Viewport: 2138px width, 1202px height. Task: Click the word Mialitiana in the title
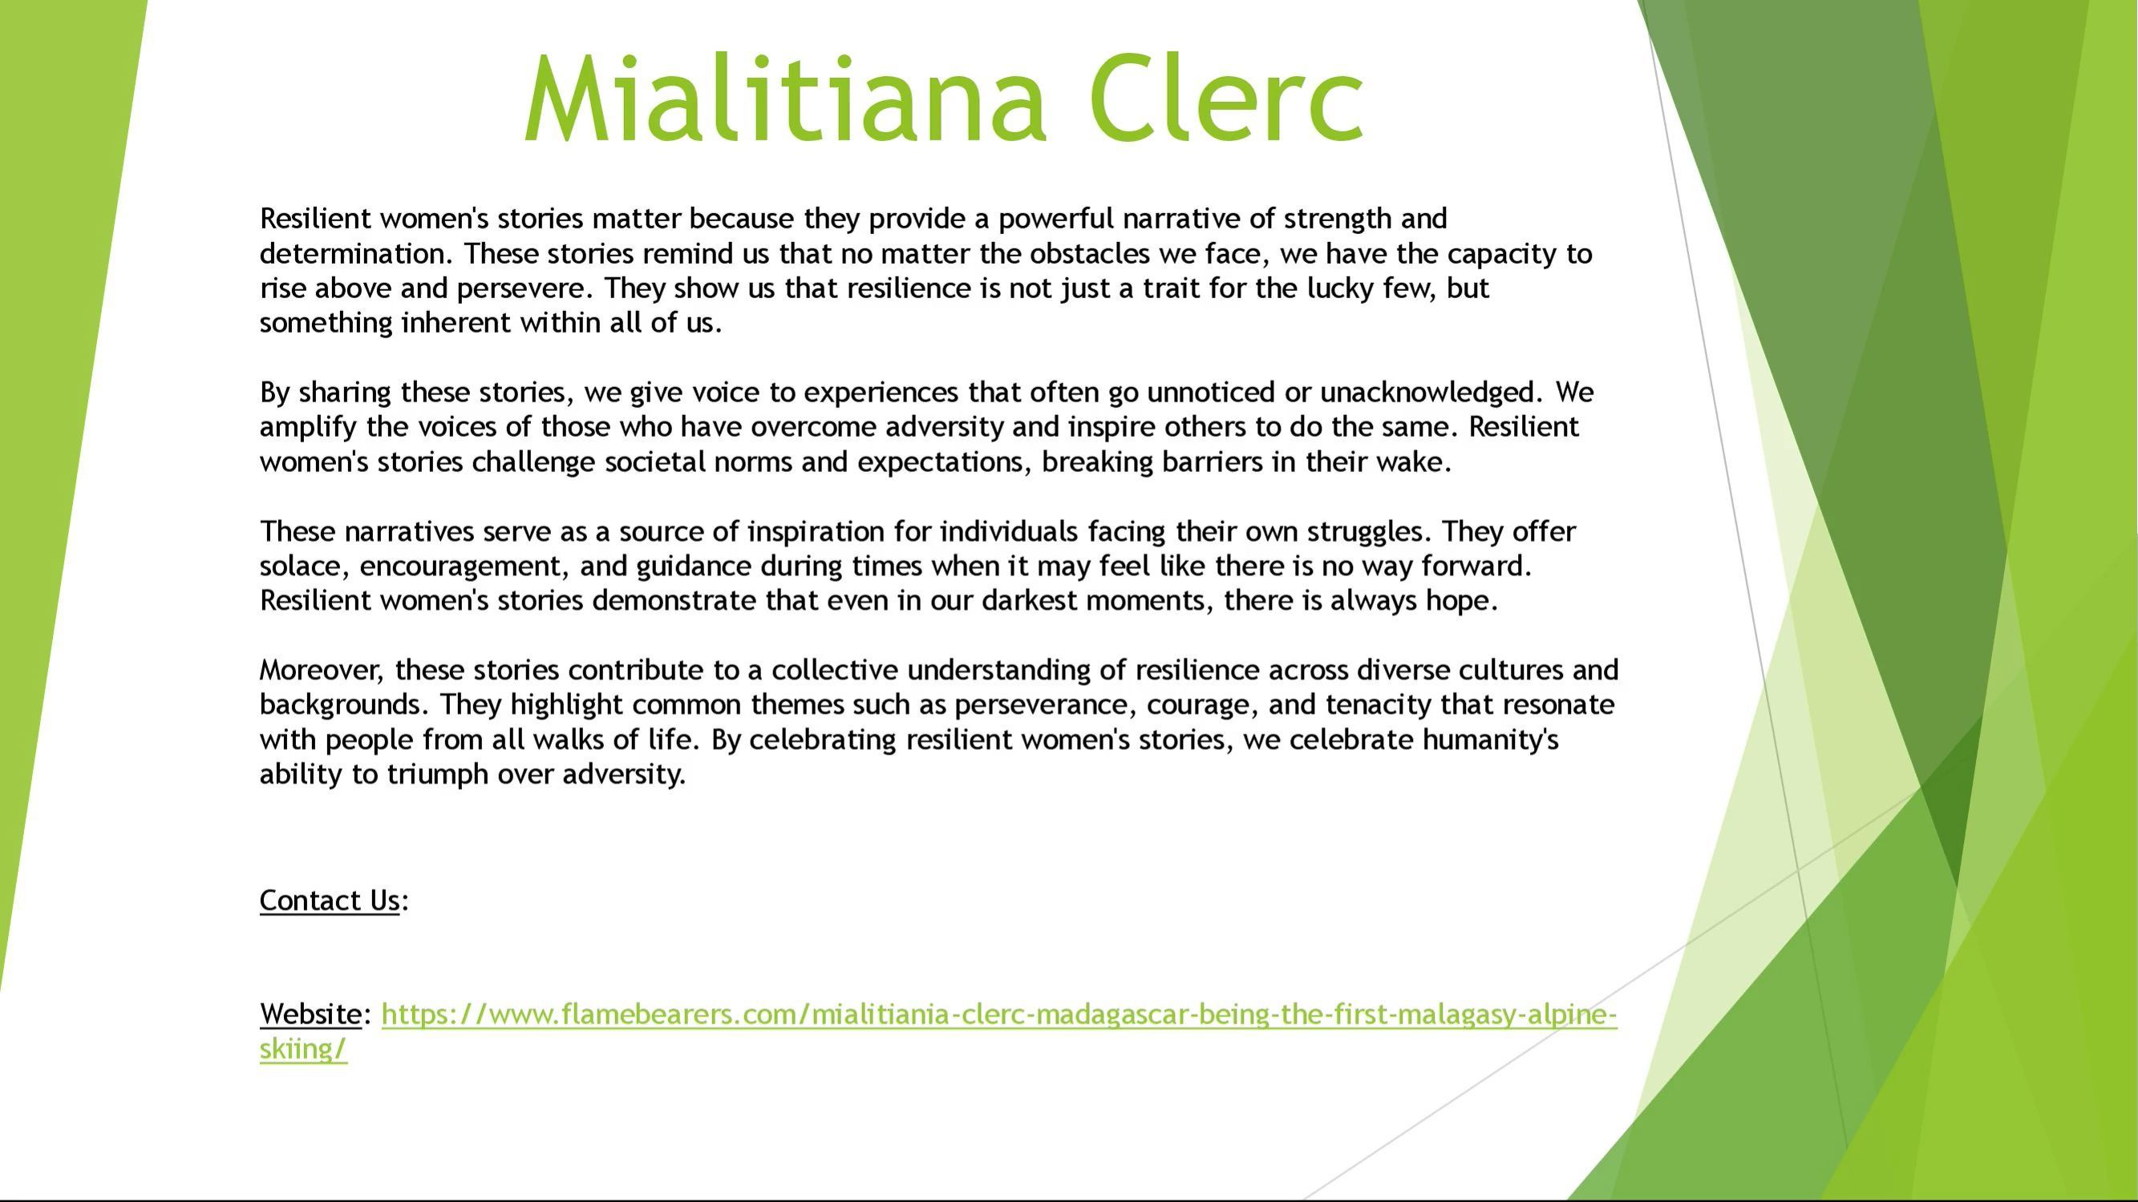point(785,97)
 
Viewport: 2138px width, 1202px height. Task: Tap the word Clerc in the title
point(1227,97)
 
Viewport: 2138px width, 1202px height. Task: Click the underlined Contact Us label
point(330,901)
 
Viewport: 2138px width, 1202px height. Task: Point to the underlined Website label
point(310,1014)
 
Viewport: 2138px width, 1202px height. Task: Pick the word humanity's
point(1490,740)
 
